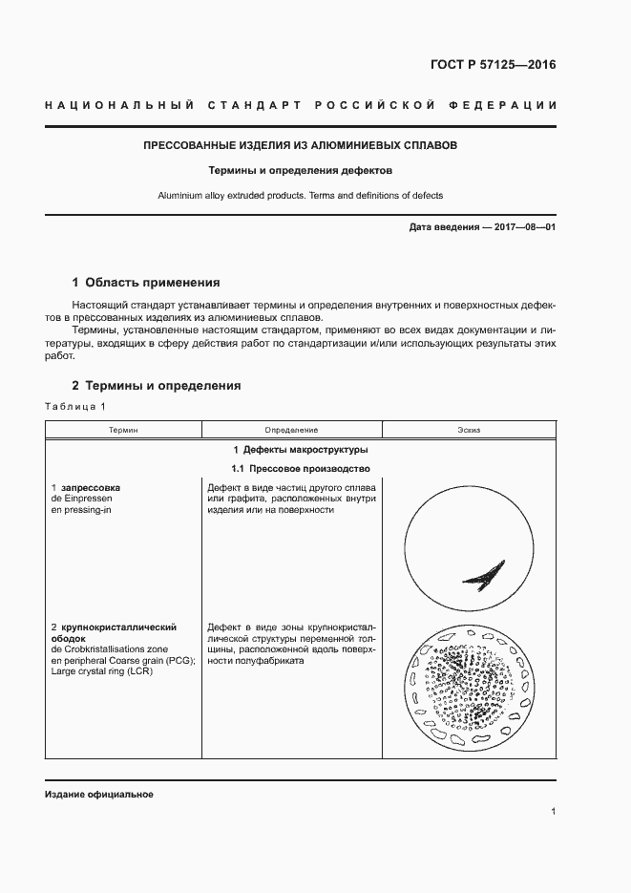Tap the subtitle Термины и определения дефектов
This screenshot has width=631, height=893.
point(301,172)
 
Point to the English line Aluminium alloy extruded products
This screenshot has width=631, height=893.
point(300,196)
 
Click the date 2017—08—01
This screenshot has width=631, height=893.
point(523,227)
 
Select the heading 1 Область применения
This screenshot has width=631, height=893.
point(146,283)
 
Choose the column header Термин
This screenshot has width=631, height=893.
point(122,431)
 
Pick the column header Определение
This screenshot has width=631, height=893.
point(291,431)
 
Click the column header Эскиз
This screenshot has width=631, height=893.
point(468,431)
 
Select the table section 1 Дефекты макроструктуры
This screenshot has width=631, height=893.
point(300,450)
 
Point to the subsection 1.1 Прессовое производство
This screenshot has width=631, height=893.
point(300,469)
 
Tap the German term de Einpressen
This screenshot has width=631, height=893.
point(82,499)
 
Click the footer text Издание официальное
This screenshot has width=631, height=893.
point(99,795)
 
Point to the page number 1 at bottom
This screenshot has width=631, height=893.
point(553,812)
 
